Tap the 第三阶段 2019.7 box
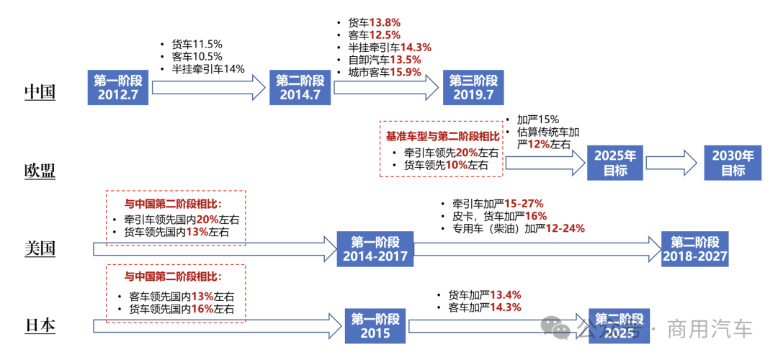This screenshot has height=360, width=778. [473, 88]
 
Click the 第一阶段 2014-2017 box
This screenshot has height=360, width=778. [375, 249]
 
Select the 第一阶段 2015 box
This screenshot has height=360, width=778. [375, 327]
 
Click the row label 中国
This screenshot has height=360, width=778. [40, 92]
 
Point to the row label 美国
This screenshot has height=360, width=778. [40, 249]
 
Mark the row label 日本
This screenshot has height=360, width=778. [40, 327]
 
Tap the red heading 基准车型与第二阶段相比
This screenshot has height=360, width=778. [442, 135]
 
